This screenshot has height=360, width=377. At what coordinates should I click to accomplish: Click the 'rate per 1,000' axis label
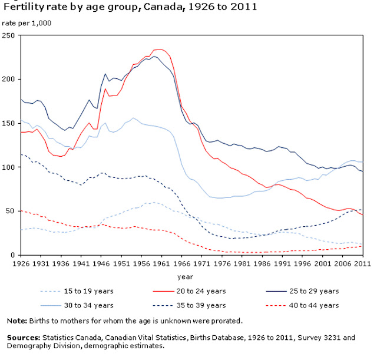[x=26, y=24]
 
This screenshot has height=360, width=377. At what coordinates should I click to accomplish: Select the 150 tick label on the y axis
[x=10, y=123]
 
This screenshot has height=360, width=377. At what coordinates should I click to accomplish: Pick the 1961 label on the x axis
[x=159, y=263]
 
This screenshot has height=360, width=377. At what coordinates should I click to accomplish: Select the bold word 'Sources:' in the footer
[x=21, y=338]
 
